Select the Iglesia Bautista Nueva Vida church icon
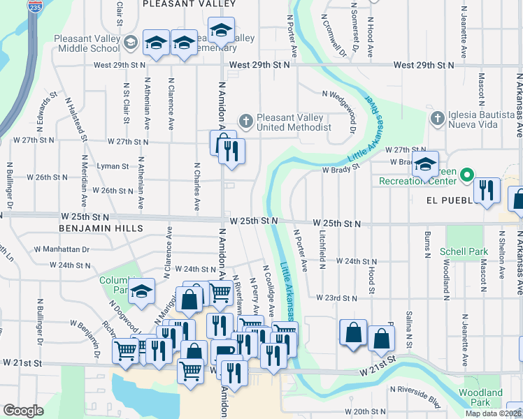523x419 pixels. click(x=438, y=117)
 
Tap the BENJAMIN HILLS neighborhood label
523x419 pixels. click(x=101, y=228)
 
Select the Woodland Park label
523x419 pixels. click(x=480, y=397)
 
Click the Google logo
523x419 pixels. click(x=23, y=411)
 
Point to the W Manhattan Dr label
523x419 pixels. click(x=61, y=249)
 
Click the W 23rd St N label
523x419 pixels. click(x=336, y=297)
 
